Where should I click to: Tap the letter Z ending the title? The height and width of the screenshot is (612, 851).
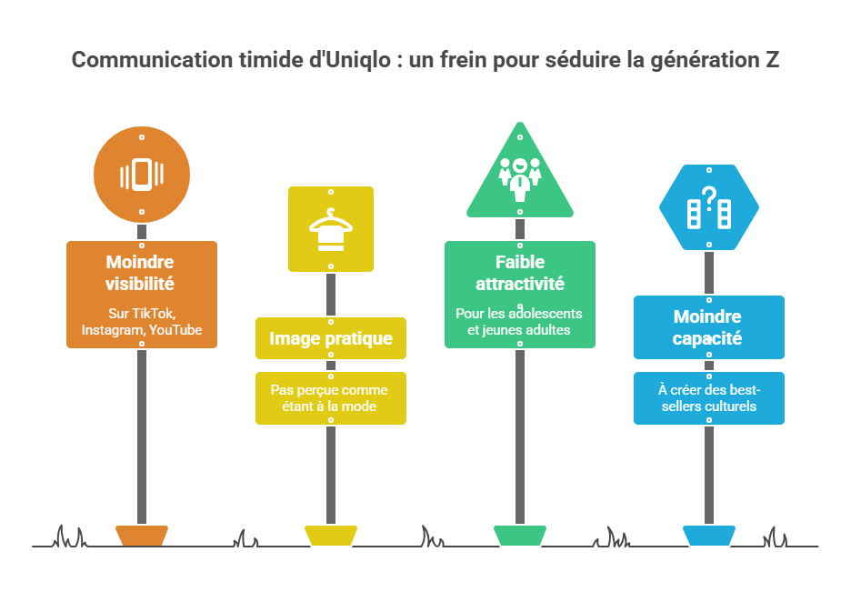(772, 60)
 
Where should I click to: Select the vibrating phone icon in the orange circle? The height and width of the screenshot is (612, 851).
(142, 175)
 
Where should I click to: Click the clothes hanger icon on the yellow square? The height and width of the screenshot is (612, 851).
(331, 230)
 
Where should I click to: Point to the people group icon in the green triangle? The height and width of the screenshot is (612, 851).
(520, 178)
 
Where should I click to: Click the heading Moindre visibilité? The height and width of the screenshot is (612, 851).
(140, 273)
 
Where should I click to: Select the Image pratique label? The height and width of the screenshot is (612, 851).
(331, 338)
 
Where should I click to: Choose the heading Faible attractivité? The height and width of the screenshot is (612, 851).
(520, 273)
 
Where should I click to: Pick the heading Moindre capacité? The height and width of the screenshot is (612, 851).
(707, 327)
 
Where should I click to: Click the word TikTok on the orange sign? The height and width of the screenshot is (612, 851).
(155, 314)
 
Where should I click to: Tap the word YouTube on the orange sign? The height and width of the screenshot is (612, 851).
(175, 329)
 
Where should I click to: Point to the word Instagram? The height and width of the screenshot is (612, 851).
(113, 329)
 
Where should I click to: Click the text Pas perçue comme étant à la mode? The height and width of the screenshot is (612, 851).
(329, 398)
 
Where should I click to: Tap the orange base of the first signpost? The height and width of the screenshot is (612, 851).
(142, 536)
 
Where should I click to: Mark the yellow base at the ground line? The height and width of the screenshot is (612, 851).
(331, 536)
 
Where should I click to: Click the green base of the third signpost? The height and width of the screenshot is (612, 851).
(520, 536)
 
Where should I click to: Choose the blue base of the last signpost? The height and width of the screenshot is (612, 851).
(709, 536)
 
